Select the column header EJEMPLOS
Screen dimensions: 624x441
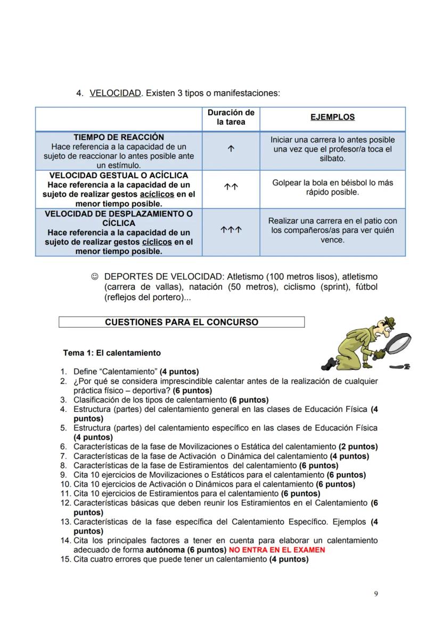coord(332,117)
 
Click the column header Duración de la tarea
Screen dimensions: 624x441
coord(231,117)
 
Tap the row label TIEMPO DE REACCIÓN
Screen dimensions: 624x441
coord(118,137)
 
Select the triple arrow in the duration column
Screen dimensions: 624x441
coord(231,231)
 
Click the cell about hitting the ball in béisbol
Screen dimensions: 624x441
coord(332,187)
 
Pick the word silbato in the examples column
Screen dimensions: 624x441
coord(332,159)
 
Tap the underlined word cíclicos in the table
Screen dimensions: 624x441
coord(157,242)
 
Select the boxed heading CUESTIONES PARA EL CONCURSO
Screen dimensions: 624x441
coord(181,322)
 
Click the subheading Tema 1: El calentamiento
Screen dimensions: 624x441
coord(112,353)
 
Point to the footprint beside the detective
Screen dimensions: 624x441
coord(399,367)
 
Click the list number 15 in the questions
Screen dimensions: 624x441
coord(65,559)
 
